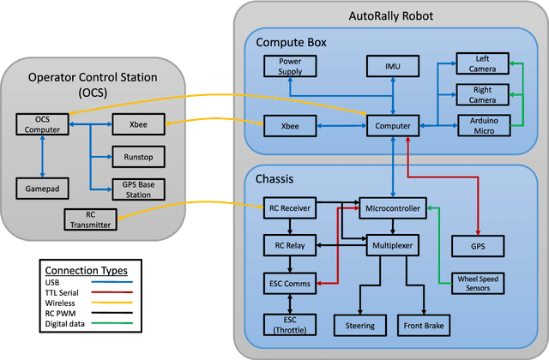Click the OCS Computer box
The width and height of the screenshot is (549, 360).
pyautogui.click(x=42, y=125)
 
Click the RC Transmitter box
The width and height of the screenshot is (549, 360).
pyautogui.click(x=92, y=219)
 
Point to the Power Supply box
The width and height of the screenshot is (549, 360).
pyautogui.click(x=289, y=67)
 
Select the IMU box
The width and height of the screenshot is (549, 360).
pyautogui.click(x=393, y=65)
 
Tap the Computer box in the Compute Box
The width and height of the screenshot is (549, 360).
pyautogui.click(x=393, y=126)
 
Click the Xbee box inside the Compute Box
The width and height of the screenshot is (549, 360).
pyautogui.click(x=289, y=126)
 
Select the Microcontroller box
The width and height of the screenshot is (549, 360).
pyautogui.click(x=393, y=208)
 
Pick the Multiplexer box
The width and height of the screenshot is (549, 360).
pyautogui.click(x=393, y=245)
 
